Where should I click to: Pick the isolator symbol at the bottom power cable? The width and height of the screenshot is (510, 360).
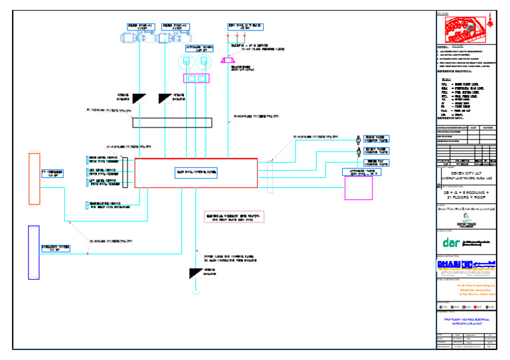click(x=196, y=273)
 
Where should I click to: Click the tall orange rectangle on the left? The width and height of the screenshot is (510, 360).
click(x=35, y=179)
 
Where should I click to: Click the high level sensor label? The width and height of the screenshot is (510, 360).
click(x=104, y=160)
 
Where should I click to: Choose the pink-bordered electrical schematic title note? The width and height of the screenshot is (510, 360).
click(x=234, y=217)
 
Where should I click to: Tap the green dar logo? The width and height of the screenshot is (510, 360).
click(x=452, y=242)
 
